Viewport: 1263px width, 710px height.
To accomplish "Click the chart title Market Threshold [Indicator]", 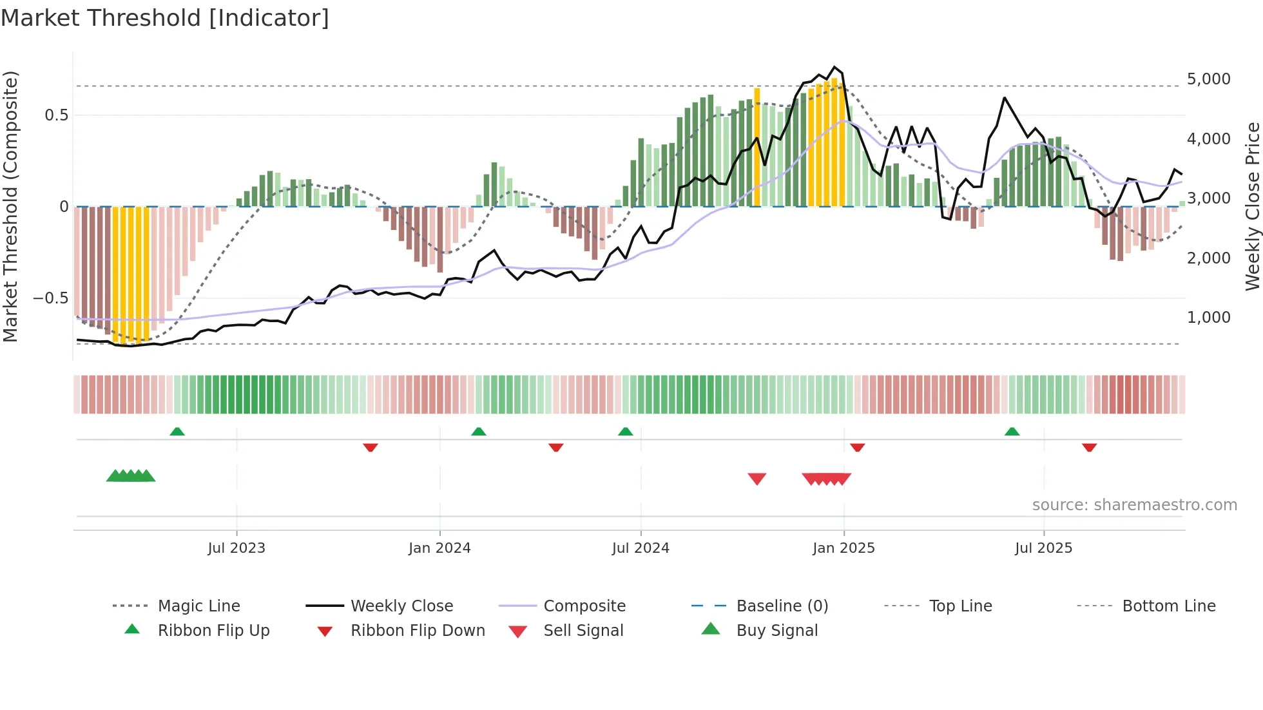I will [x=165, y=18].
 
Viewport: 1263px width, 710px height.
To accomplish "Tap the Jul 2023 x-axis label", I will [x=236, y=548].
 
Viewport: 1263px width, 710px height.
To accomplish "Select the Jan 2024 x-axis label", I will [x=439, y=548].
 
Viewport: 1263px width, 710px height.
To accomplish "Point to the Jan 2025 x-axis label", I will [x=844, y=548].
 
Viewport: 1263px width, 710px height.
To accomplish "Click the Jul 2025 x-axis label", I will [x=1043, y=548].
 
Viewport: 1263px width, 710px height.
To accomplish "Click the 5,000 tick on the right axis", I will [x=1208, y=79].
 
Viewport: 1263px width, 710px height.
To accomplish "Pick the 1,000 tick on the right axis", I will [x=1208, y=318].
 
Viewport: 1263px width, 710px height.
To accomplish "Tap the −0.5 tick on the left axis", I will [x=50, y=298].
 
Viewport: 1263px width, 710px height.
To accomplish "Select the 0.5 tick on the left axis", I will [x=56, y=115].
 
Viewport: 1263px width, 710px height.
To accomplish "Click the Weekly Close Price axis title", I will [x=1252, y=206].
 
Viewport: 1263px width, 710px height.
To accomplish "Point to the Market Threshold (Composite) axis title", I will [x=10, y=206].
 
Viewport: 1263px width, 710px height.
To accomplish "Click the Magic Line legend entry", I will [x=198, y=606].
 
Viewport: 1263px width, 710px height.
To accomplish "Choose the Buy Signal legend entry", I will [x=776, y=631].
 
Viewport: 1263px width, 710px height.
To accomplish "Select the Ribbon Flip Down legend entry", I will [x=417, y=631].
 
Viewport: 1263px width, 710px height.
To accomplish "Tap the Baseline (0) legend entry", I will [x=782, y=606].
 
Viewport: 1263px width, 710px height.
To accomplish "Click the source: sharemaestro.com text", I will [x=1134, y=505].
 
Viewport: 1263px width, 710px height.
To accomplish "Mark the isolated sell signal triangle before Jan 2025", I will [x=757, y=479].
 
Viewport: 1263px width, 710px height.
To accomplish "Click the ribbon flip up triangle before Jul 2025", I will [x=1012, y=432].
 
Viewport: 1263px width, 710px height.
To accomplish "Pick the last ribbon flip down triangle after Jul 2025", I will [x=1089, y=447].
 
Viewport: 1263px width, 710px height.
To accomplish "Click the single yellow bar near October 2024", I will [x=757, y=147].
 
